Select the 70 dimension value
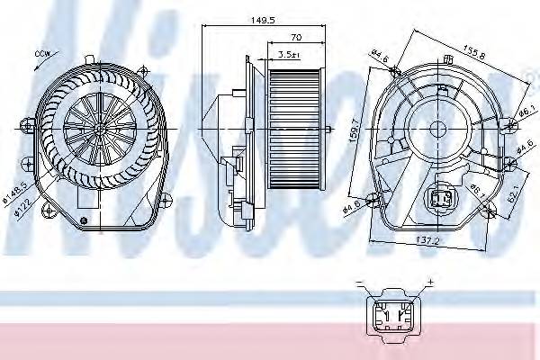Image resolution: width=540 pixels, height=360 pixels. tap(295, 38)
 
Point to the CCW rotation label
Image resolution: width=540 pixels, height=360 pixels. tap(40, 55)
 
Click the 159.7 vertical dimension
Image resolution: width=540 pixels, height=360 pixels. tap(357, 139)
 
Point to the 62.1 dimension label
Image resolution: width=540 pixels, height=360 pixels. tap(516, 192)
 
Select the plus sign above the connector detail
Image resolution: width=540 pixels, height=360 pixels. tap(429, 283)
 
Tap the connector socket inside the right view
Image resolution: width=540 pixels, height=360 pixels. tap(442, 199)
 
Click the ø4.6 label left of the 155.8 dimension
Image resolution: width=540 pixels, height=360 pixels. tap(377, 59)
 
